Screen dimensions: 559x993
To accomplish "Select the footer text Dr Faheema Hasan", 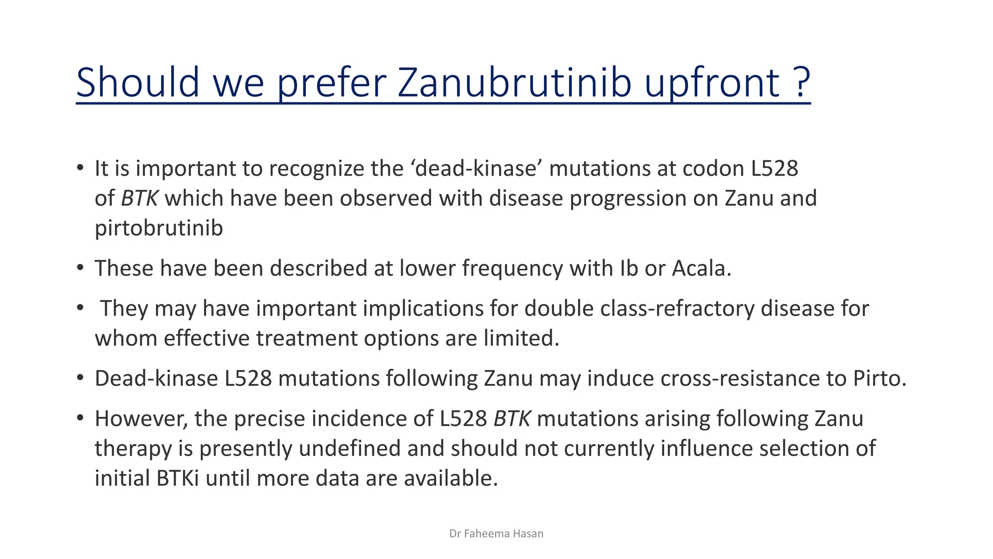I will tap(496, 534).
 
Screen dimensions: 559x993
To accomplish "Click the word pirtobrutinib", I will tap(159, 229).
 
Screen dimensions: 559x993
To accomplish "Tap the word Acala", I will tap(701, 268).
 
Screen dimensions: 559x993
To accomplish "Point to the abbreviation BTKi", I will tap(177, 478).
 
